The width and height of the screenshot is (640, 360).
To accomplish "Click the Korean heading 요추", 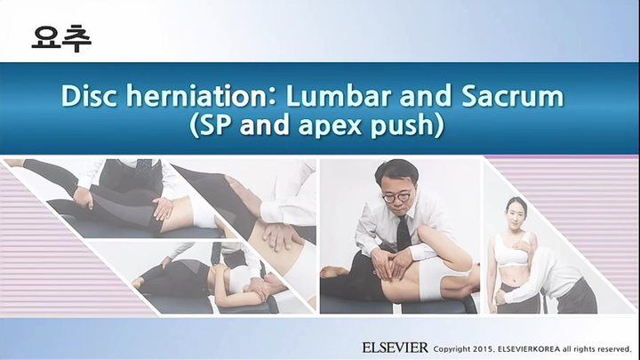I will (x=60, y=37).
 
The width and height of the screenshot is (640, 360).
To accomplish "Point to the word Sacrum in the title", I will (x=510, y=96).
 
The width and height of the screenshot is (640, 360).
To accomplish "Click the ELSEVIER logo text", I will (x=395, y=346).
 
